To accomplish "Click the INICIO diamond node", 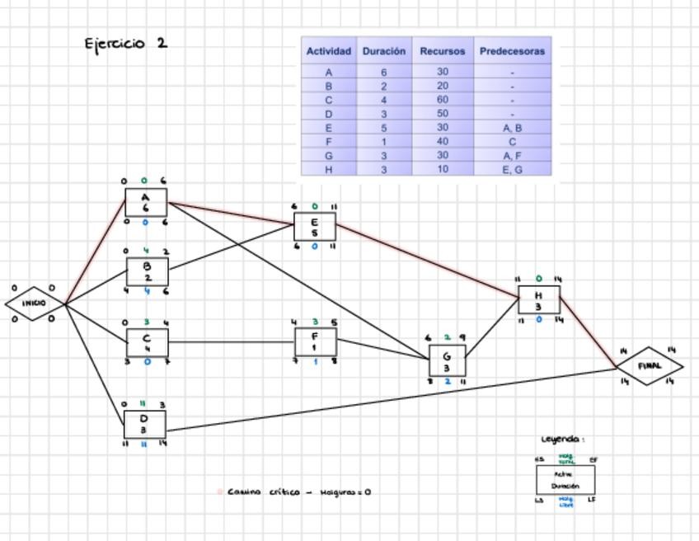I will (x=34, y=304).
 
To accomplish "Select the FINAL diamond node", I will (x=650, y=366).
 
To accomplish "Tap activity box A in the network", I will (x=146, y=203).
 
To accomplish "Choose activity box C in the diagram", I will (x=147, y=342).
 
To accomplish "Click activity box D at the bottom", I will (x=144, y=424).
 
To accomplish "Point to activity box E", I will (x=314, y=227).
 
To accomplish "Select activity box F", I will (x=315, y=341).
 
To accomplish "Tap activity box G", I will (x=447, y=361).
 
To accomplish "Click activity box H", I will (x=538, y=300).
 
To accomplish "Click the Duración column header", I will (x=384, y=51).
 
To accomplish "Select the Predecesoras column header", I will (x=512, y=51).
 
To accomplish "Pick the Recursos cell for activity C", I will (x=443, y=100).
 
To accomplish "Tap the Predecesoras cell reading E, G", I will (x=512, y=170).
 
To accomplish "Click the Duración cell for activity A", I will (x=384, y=72).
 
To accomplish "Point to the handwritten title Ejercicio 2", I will (x=126, y=43).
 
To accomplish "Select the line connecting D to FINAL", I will (x=387, y=400).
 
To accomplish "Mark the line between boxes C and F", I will (x=231, y=341).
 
